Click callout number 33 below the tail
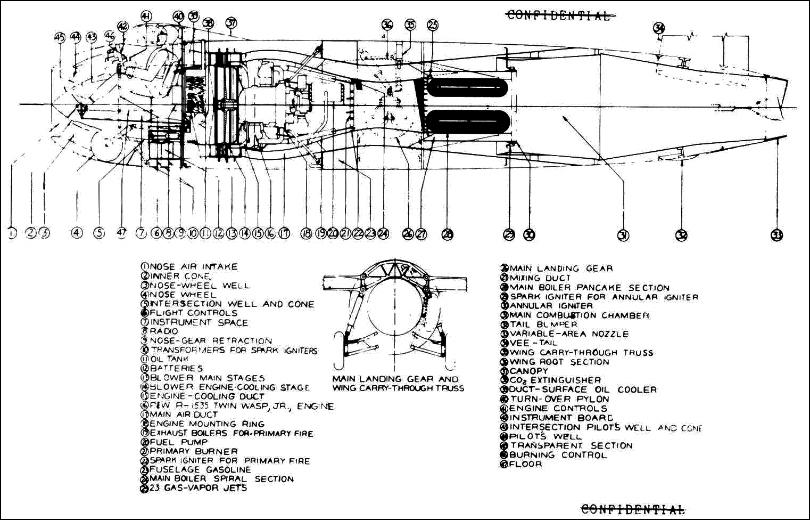777,234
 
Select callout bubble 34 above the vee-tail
659,28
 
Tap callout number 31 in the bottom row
623,234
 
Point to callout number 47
122,233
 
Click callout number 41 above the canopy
146,17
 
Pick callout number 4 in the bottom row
78,233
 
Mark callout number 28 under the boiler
448,234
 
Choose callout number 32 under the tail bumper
681,234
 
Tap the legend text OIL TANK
169,359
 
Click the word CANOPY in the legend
528,371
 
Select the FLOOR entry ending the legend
525,464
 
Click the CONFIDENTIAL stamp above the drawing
558,15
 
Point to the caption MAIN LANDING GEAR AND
395,379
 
